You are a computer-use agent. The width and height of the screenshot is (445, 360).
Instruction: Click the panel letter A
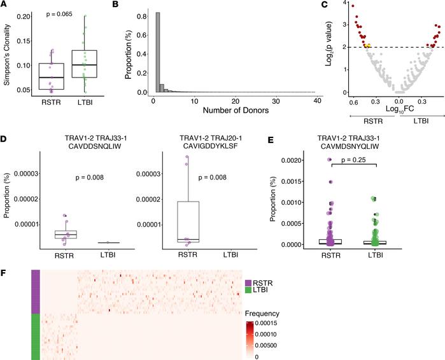5,6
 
